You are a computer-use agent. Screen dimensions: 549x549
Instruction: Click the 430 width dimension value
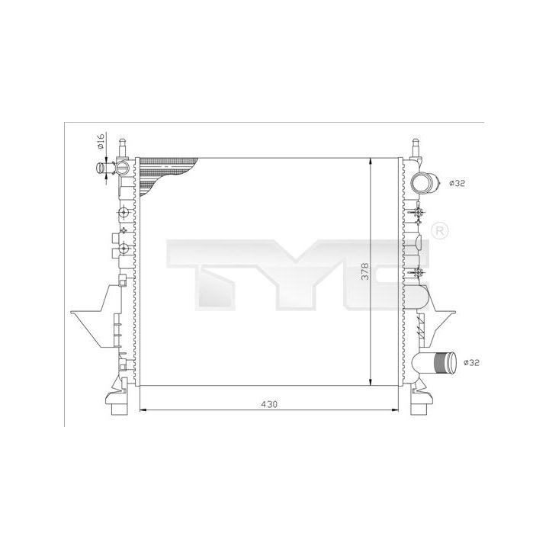pyautogui.click(x=269, y=404)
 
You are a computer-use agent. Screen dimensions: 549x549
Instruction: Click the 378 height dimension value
pyautogui.click(x=364, y=271)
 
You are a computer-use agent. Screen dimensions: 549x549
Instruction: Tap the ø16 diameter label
pyautogui.click(x=101, y=141)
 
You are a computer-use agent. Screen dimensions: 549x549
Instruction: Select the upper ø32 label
pyautogui.click(x=457, y=183)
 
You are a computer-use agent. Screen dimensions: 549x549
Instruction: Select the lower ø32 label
pyautogui.click(x=471, y=363)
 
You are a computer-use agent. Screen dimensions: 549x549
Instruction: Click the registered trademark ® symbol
pyautogui.click(x=440, y=230)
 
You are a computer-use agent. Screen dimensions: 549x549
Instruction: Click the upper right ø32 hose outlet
pyautogui.click(x=425, y=183)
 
